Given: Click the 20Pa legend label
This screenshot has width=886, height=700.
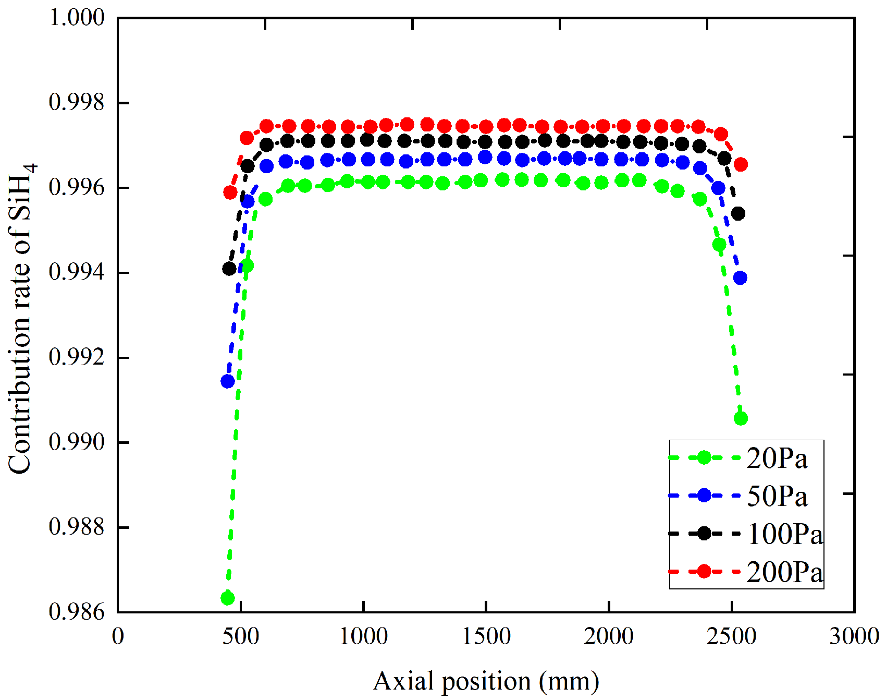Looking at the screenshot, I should [777, 458].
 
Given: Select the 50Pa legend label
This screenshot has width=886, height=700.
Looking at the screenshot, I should [777, 496].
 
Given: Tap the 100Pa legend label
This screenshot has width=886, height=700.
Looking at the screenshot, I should [785, 534].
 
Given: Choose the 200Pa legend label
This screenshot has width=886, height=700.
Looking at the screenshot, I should [785, 572].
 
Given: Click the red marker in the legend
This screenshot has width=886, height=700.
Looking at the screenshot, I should [704, 571].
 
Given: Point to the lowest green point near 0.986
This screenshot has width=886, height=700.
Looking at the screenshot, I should [228, 598].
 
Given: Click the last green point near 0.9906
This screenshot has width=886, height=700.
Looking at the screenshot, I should [741, 418].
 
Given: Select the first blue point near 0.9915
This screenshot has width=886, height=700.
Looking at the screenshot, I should [228, 381].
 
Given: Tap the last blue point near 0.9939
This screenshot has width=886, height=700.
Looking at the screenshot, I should [740, 278].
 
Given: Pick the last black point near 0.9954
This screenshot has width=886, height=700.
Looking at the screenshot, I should [738, 213].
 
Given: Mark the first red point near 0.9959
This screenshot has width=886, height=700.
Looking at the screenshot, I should [230, 192].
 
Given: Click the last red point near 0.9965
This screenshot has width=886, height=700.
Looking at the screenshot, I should [741, 164].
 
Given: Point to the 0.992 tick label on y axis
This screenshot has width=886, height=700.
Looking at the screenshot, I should [76, 357].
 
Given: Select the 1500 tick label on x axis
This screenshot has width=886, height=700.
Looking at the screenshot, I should [486, 636].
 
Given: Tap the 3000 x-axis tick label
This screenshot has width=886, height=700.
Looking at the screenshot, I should [854, 636].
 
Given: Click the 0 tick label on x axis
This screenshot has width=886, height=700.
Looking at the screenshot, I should [118, 636].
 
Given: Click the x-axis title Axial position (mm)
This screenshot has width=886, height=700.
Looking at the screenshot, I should [486, 681].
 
